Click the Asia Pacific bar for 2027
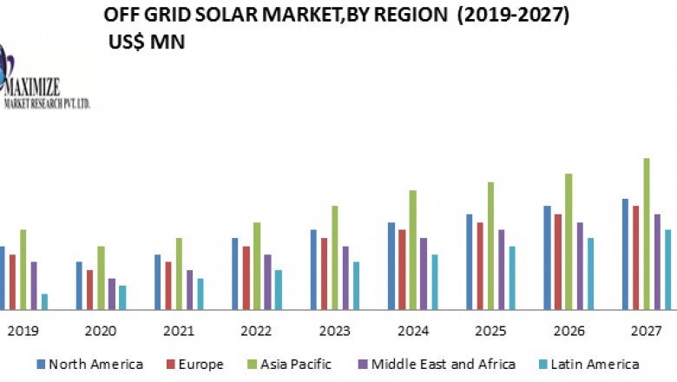coord(647,234)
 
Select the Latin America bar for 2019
coord(44,301)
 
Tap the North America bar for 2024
coord(391,266)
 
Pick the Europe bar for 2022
coord(246,278)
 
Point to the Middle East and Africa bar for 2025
coord(502,269)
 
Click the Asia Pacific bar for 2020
coord(101,278)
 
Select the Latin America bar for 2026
coord(590,273)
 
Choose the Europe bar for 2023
coord(324,273)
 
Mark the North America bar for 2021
coord(157,281)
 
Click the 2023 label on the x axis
coord(334,331)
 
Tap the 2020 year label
coord(100,331)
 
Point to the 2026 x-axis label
coord(569,331)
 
